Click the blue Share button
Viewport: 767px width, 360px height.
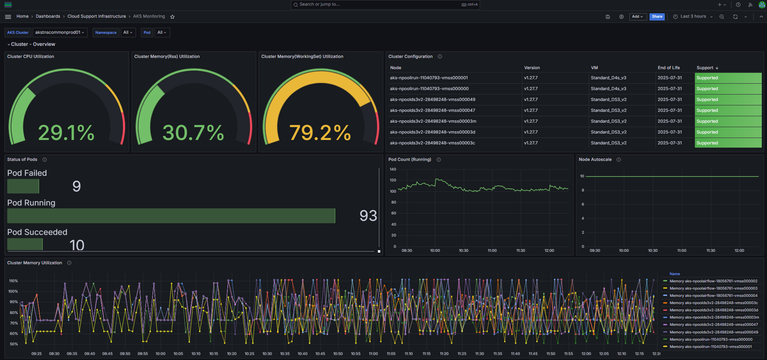(x=657, y=16)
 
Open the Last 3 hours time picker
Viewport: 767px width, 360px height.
(x=693, y=16)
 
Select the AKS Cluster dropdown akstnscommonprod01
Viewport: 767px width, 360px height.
(x=60, y=33)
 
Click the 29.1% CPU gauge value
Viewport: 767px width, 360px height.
(x=66, y=133)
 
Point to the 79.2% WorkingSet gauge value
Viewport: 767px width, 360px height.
(x=320, y=133)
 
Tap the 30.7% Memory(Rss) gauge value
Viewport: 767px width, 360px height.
(x=193, y=133)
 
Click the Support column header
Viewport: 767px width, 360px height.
(x=705, y=68)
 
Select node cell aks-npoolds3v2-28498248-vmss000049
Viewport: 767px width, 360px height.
(x=433, y=99)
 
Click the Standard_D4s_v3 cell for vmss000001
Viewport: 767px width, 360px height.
(x=608, y=78)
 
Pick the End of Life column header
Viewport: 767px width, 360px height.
(x=669, y=68)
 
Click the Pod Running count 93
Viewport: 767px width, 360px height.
(x=368, y=216)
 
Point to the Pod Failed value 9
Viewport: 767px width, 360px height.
(x=76, y=186)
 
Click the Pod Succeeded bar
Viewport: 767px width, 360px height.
(x=25, y=244)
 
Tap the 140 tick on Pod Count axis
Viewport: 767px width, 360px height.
(x=393, y=169)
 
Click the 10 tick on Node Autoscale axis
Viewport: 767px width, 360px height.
(x=582, y=176)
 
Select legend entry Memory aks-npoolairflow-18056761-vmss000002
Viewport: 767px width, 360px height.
(x=713, y=281)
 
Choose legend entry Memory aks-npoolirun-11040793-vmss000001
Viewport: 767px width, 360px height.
(x=710, y=347)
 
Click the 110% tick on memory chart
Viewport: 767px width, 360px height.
(x=13, y=281)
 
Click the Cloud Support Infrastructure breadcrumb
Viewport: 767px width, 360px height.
(x=97, y=16)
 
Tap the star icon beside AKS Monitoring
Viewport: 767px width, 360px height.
(x=172, y=16)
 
